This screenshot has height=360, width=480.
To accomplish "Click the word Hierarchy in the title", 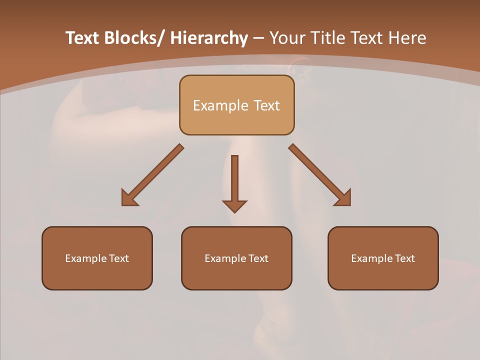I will point(209,38).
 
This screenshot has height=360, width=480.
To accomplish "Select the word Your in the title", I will point(287,38).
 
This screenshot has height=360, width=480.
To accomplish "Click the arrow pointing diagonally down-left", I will point(152,175).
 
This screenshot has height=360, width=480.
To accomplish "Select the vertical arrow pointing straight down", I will point(234,180).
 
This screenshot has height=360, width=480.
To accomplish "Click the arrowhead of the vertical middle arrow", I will point(234,205).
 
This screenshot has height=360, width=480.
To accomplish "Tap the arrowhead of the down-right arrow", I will point(343,199).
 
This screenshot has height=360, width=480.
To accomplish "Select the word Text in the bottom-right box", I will point(404,258).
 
